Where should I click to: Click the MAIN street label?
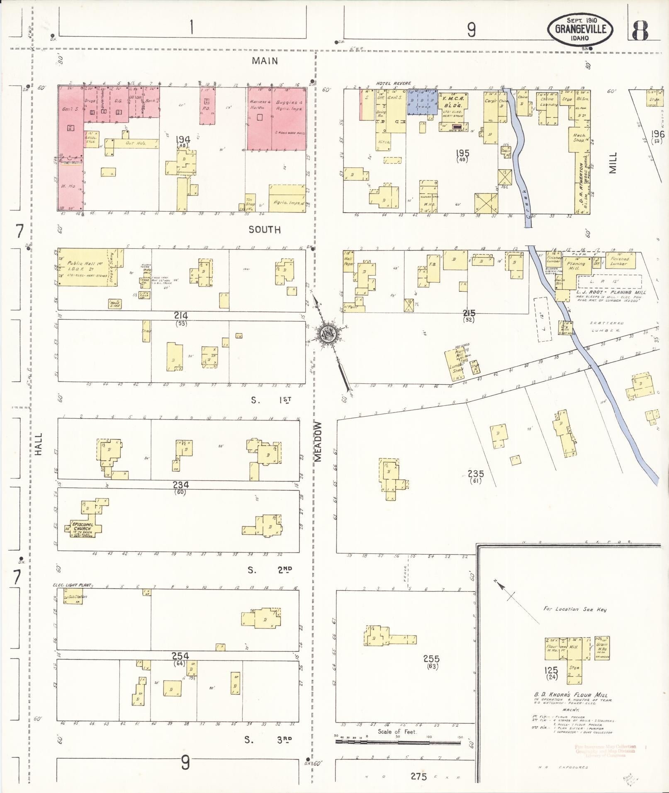tap(265, 61)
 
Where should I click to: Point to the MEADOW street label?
tap(318, 441)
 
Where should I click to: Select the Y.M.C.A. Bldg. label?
tap(454, 102)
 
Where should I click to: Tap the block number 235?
tap(475, 473)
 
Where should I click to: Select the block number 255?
tap(431, 659)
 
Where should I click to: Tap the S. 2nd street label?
tap(270, 570)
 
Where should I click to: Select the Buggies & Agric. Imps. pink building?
tap(289, 118)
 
